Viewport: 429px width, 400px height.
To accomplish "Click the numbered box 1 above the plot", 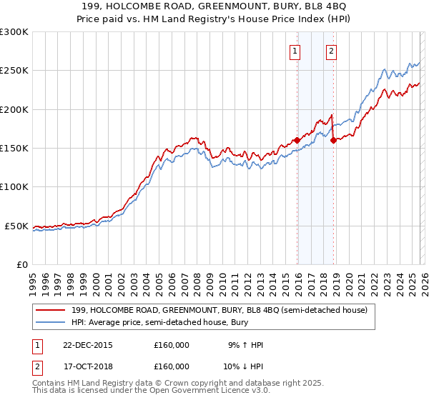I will [x=295, y=51].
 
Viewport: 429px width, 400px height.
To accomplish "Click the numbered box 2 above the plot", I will [x=332, y=51].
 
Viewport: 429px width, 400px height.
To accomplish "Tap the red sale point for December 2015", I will [x=297, y=141].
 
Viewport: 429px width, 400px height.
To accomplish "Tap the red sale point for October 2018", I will [x=333, y=141].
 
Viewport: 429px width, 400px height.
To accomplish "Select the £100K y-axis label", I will [x=14, y=186].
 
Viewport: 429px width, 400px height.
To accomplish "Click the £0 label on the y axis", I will [x=21, y=264].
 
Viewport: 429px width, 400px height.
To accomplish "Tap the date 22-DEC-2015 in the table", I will [x=87, y=345].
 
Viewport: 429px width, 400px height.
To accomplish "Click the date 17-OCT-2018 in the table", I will [x=87, y=366].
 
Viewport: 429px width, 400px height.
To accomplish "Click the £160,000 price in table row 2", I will [x=172, y=366].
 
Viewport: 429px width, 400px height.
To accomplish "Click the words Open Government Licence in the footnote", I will [x=193, y=391].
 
